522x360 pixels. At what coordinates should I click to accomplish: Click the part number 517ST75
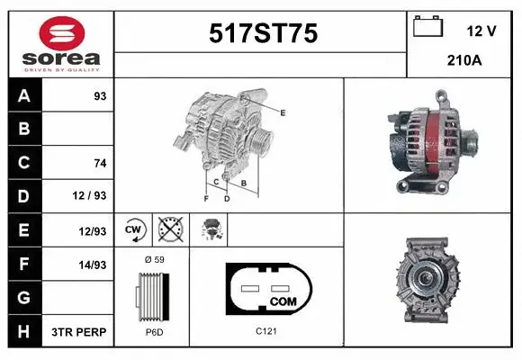(x=263, y=33)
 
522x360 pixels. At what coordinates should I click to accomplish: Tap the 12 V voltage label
(x=481, y=31)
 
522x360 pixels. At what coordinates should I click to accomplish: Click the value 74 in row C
(x=100, y=163)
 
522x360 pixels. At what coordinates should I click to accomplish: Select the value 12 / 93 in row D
(x=92, y=195)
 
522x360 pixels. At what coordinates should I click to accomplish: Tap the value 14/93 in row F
(x=92, y=264)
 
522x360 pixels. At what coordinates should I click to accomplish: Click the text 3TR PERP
(x=80, y=332)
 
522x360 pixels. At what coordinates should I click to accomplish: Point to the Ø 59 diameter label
(x=154, y=258)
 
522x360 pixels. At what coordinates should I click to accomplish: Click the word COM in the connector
(x=283, y=300)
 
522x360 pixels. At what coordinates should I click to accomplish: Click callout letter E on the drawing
(x=283, y=112)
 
